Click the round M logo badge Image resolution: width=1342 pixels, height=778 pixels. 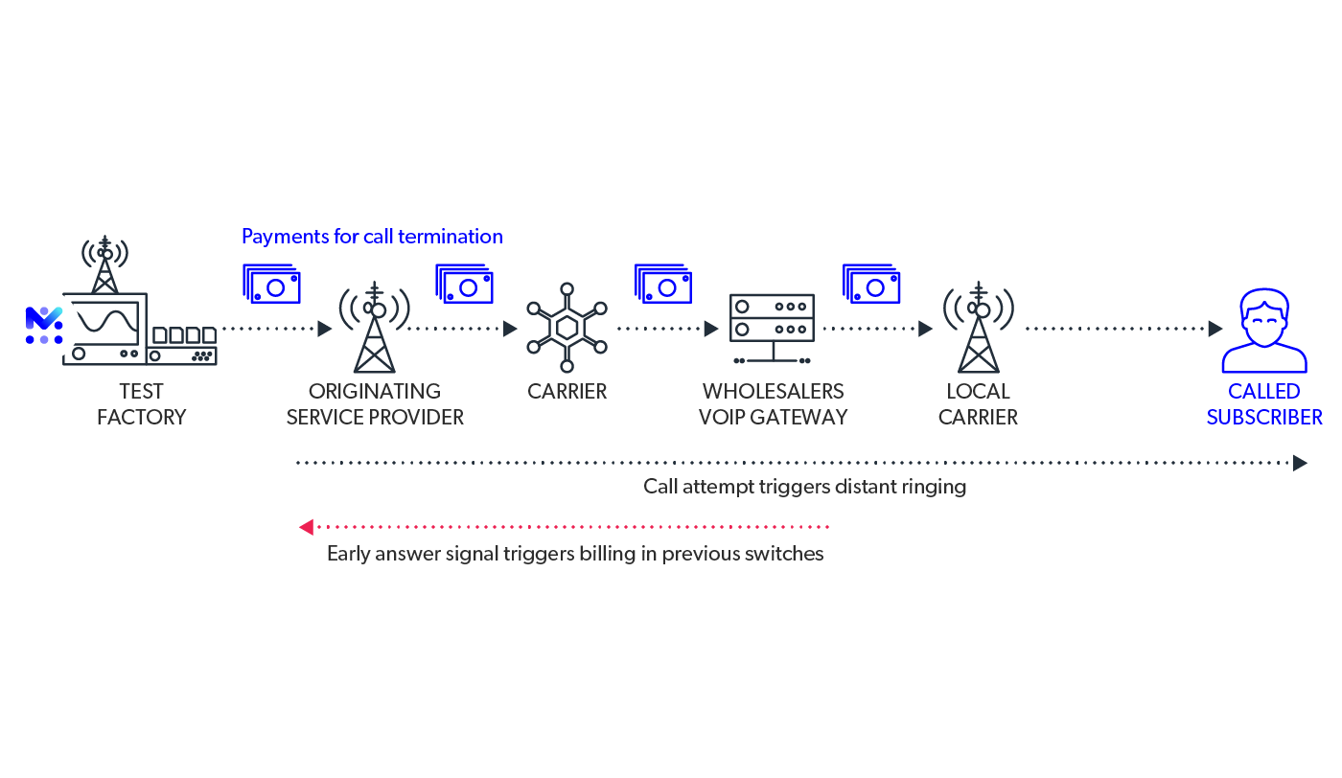point(43,326)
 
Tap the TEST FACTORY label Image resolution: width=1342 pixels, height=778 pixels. point(141,404)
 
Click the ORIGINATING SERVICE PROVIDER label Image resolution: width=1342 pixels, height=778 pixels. point(374,404)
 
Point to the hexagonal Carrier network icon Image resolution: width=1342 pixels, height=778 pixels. point(567,328)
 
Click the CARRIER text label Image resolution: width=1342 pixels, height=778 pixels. point(567,392)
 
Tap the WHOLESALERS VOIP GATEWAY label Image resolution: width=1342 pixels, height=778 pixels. point(773,404)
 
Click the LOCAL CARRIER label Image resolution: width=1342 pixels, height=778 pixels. point(978,404)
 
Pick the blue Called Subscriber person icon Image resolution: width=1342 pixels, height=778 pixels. point(1263,331)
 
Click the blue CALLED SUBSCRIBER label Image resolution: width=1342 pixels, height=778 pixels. point(1264,404)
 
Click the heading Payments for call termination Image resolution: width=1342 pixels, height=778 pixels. point(372,237)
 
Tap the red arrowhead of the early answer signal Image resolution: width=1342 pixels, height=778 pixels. point(306,527)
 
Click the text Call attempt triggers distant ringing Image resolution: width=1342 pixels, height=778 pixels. point(804,487)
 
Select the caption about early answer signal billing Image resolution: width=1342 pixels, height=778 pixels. point(575,554)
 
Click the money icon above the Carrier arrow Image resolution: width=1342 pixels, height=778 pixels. point(465,285)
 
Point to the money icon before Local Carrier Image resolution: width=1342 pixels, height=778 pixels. point(871,285)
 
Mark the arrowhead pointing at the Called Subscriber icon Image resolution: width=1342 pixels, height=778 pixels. point(1215,329)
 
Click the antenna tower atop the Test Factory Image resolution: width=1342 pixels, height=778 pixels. point(104,264)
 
